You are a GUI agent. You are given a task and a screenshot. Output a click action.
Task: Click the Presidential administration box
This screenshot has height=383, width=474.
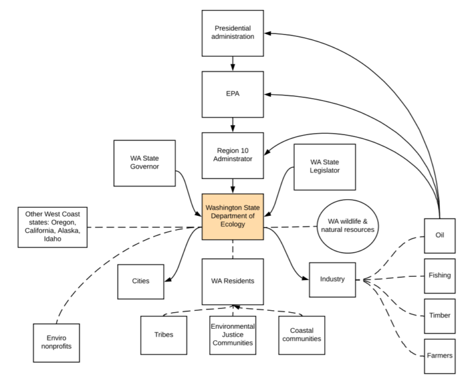pyautogui.click(x=233, y=33)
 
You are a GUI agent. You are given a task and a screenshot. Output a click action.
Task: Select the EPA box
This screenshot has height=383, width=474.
pyautogui.click(x=233, y=94)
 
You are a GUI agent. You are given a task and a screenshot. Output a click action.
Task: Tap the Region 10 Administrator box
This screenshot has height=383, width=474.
pyautogui.click(x=233, y=155)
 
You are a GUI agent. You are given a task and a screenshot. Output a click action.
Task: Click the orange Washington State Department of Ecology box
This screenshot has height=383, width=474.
pyautogui.click(x=233, y=216)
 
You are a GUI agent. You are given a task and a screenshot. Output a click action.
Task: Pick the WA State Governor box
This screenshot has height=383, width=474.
pyautogui.click(x=144, y=163)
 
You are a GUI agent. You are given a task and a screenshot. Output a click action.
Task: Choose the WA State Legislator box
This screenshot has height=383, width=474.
pyautogui.click(x=325, y=167)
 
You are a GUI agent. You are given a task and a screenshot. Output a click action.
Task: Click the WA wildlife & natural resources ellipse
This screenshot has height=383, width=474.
pyautogui.click(x=347, y=226)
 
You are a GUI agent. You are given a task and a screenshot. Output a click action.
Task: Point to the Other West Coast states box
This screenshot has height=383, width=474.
pyautogui.click(x=52, y=227)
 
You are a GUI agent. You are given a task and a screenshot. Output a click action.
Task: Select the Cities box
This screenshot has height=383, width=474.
pyautogui.click(x=141, y=282)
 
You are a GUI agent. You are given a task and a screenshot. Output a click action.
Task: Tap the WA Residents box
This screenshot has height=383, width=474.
pyautogui.click(x=233, y=281)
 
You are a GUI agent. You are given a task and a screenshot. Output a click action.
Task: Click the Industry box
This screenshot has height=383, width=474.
pyautogui.click(x=333, y=280)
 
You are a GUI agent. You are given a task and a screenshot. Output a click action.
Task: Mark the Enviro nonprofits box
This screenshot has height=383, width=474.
pyautogui.click(x=57, y=343)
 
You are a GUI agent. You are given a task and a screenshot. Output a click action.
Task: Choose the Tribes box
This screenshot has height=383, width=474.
pyautogui.click(x=164, y=336)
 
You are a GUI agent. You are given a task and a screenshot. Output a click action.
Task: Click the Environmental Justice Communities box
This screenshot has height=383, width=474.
pyautogui.click(x=233, y=336)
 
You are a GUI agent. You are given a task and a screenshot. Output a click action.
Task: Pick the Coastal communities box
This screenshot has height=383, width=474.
pyautogui.click(x=302, y=336)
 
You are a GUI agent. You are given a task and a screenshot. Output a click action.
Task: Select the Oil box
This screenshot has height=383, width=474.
pyautogui.click(x=440, y=236)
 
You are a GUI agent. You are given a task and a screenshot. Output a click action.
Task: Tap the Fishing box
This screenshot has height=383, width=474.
pyautogui.click(x=440, y=276)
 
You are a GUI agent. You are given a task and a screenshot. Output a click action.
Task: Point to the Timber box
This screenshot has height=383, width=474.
pyautogui.click(x=440, y=316)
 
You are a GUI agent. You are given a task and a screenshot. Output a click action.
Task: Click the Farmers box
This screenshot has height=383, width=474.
pyautogui.click(x=440, y=356)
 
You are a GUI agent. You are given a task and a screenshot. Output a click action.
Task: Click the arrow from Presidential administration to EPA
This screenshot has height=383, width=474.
pyautogui.click(x=233, y=64)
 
